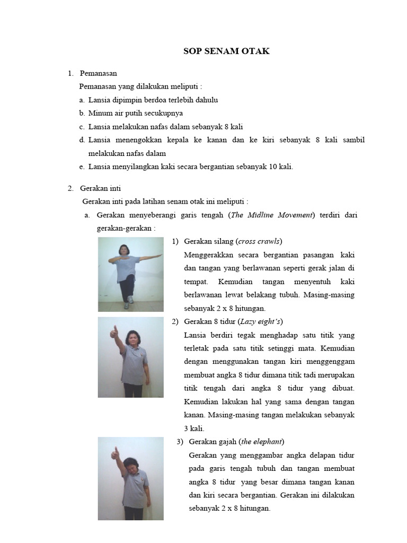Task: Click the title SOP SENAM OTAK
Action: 226,51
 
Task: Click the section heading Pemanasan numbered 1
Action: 98,73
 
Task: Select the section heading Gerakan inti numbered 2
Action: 101,188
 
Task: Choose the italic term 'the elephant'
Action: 262,441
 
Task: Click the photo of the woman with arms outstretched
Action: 130,274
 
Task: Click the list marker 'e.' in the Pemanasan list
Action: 82,167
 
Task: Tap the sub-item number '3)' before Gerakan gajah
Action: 180,441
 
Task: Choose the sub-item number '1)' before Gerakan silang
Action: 175,241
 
